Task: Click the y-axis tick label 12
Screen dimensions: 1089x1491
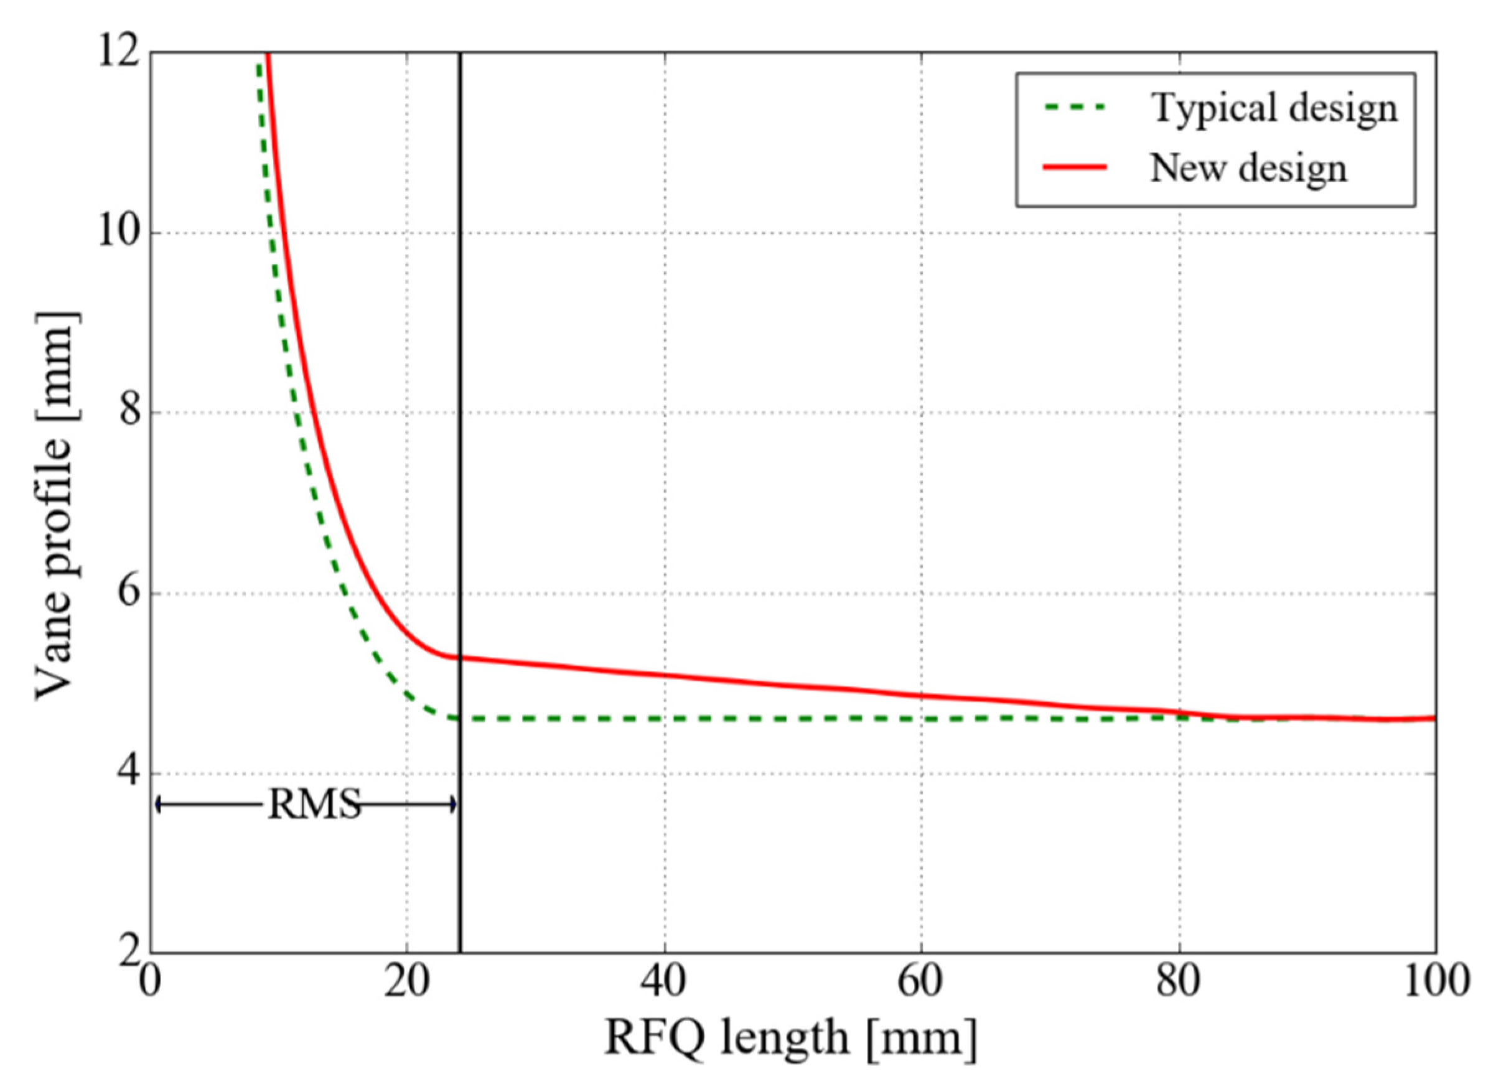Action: pos(119,52)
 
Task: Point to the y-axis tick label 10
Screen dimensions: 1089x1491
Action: pos(119,233)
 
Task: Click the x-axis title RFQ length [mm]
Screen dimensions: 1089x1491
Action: pos(791,1038)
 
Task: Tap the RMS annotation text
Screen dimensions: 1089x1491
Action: pos(314,805)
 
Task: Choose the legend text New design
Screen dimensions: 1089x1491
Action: pos(1248,167)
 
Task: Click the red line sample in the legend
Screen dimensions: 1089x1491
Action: pos(1075,167)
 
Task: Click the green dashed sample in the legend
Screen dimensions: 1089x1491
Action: pos(1075,108)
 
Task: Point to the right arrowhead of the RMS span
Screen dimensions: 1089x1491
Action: pos(454,804)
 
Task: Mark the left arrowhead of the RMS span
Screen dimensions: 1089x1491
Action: pos(158,804)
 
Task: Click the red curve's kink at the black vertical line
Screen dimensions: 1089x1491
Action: pos(459,657)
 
